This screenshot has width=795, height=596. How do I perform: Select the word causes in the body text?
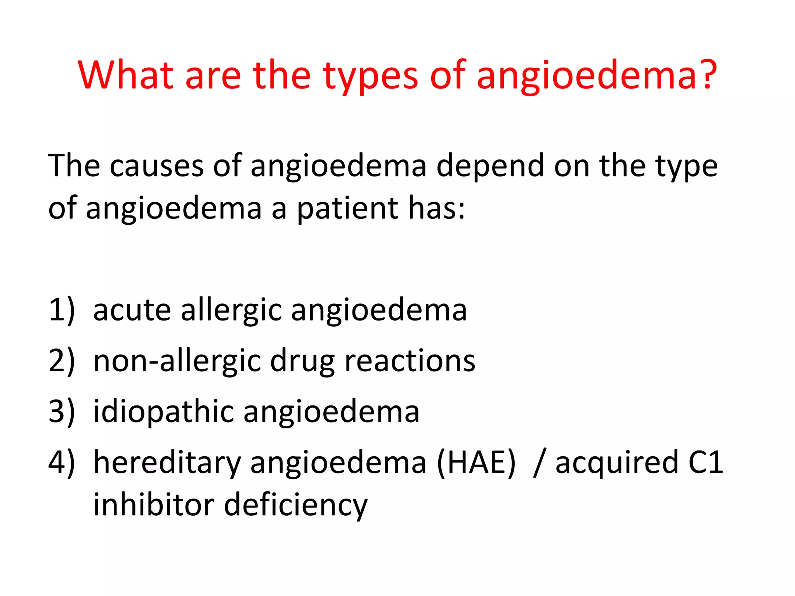coord(156,166)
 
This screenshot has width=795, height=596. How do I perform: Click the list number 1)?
coord(61,310)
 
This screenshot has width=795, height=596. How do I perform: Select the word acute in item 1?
coord(132,310)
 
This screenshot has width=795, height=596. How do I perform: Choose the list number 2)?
coord(61,361)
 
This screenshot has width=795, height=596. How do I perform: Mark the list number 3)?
coord(61,412)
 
